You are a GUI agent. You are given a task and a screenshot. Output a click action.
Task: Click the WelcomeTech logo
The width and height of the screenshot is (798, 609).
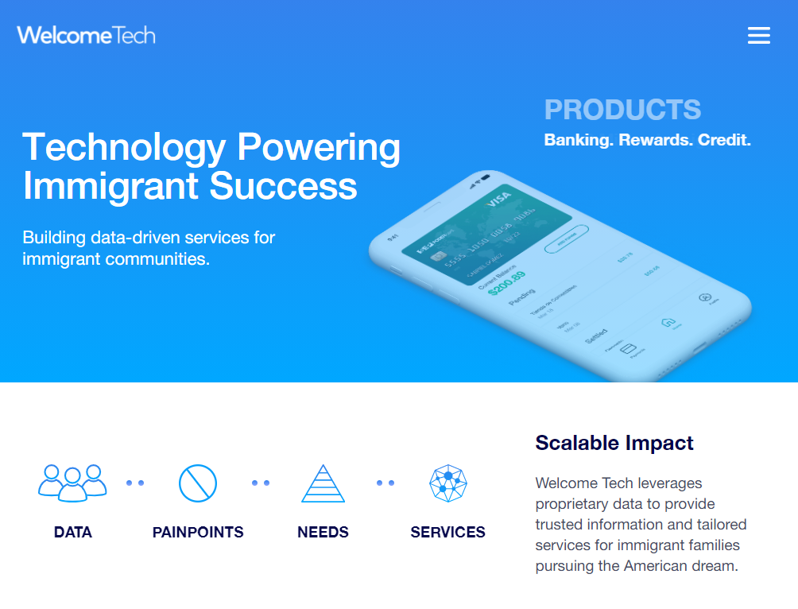pyautogui.click(x=86, y=35)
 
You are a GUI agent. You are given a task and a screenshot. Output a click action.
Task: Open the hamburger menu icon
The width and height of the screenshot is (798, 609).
pyautogui.click(x=759, y=36)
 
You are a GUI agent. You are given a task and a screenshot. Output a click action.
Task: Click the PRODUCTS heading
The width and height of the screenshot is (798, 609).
pyautogui.click(x=622, y=110)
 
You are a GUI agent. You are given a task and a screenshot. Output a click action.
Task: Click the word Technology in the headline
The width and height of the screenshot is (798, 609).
pyautogui.click(x=124, y=147)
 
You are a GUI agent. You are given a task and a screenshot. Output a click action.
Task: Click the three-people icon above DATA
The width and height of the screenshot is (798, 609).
pyautogui.click(x=72, y=483)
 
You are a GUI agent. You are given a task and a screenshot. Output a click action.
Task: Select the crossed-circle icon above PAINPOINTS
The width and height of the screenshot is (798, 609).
pyautogui.click(x=198, y=483)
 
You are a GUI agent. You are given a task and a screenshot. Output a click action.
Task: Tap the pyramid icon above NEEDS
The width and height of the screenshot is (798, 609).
pyautogui.click(x=323, y=483)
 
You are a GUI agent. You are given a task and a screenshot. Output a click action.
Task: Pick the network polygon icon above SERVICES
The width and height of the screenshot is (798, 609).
pyautogui.click(x=447, y=483)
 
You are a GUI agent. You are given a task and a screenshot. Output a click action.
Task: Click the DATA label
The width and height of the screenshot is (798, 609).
pyautogui.click(x=73, y=533)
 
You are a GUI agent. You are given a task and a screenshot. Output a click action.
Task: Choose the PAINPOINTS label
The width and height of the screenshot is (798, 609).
pyautogui.click(x=198, y=533)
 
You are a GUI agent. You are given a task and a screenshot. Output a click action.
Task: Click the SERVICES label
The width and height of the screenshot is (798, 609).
pyautogui.click(x=447, y=533)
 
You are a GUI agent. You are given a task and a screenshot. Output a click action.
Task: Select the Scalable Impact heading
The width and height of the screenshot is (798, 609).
pyautogui.click(x=614, y=443)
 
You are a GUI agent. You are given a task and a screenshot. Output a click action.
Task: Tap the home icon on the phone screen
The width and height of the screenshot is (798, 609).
pyautogui.click(x=668, y=322)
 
